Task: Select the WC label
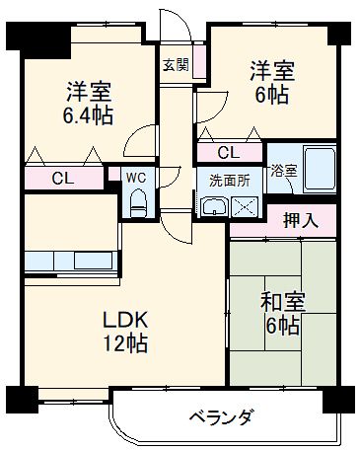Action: coord(137,178)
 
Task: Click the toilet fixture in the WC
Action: coord(138,204)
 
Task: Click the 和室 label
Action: coord(283,302)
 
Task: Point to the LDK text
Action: coord(126,322)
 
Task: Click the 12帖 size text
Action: coord(126,344)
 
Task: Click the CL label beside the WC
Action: coord(62,179)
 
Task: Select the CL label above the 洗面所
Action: coord(227,153)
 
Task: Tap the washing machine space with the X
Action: coord(244,205)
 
